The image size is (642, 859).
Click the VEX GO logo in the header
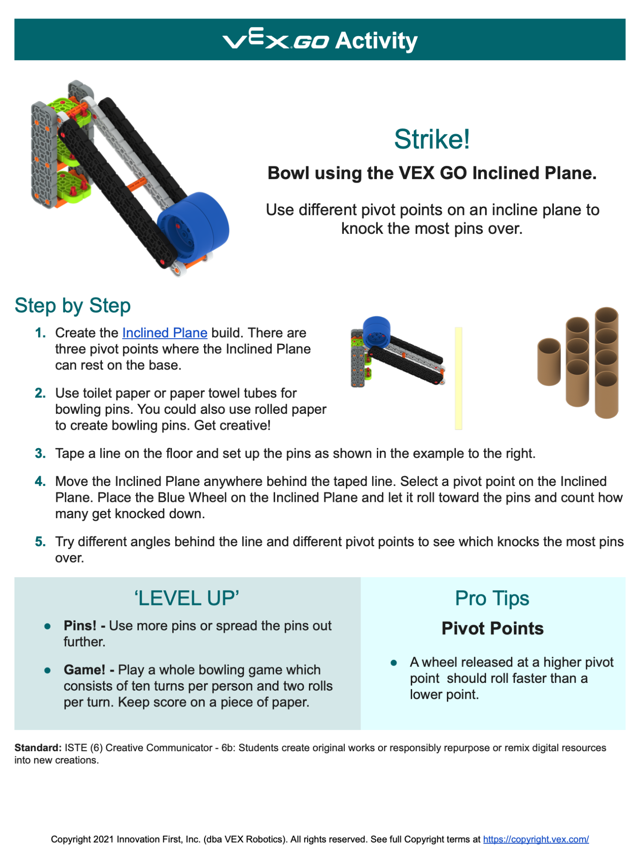[276, 40]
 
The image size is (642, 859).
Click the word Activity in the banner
[376, 41]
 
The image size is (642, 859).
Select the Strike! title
[432, 139]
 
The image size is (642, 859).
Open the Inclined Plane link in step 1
[165, 333]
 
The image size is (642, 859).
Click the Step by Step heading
[73, 306]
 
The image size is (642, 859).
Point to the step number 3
[40, 453]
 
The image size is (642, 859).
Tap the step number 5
[40, 541]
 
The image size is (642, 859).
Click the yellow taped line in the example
[459, 378]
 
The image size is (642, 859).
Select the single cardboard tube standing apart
[549, 362]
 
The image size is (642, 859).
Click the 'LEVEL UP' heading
[187, 598]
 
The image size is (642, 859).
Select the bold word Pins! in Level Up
[80, 626]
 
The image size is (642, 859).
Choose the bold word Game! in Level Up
[84, 670]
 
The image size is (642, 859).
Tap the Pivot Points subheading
[492, 629]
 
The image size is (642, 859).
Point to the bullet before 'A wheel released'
[394, 663]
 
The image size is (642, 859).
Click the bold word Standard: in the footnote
[38, 748]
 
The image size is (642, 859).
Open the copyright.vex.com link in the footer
[536, 839]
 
